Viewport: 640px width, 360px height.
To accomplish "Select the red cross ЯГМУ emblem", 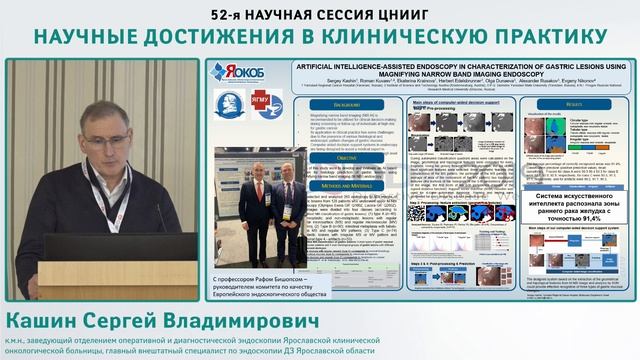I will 266,105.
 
